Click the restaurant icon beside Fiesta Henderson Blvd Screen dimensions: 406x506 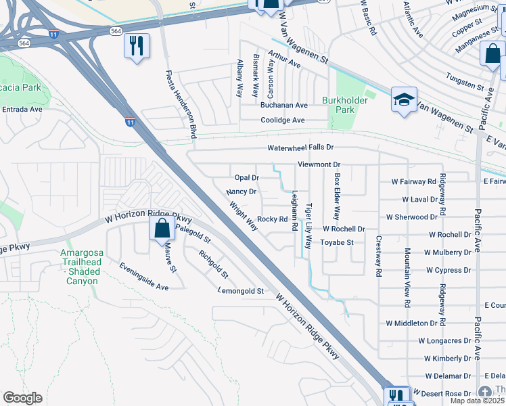pyautogui.click(x=137, y=45)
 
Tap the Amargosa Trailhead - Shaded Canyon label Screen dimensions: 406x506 pyautogui.click(x=89, y=267)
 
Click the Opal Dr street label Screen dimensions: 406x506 pyautogui.click(x=247, y=178)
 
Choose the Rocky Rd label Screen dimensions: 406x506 pyautogui.click(x=273, y=219)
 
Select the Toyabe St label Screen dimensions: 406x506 pyautogui.click(x=337, y=242)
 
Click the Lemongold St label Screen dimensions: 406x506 pyautogui.click(x=240, y=291)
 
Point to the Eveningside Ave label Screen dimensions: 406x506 pyautogui.click(x=144, y=277)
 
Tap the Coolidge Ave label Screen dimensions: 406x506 pyautogui.click(x=283, y=120)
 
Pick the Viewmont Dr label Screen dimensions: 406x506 pyautogui.click(x=319, y=164)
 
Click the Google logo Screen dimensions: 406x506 pyautogui.click(x=22, y=398)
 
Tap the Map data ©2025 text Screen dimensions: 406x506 pyautogui.click(x=478, y=401)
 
